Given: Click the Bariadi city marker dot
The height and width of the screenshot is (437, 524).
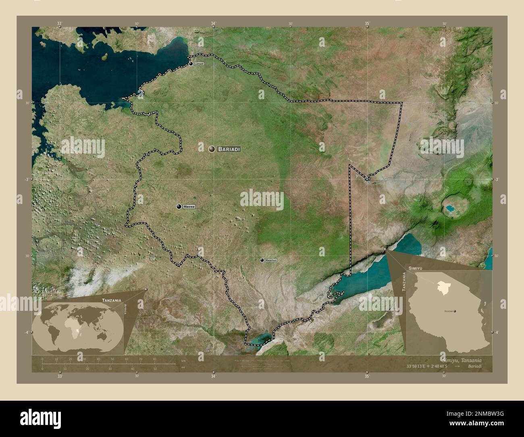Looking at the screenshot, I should pyautogui.click(x=212, y=149).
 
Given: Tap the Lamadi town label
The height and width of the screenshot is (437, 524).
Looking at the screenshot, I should pyautogui.click(x=199, y=64).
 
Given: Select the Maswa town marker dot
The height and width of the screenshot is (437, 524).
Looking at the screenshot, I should pyautogui.click(x=179, y=207).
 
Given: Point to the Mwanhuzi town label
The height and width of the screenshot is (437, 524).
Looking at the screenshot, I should pyautogui.click(x=271, y=260).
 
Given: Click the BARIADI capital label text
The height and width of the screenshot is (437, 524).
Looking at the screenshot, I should pyautogui.click(x=229, y=149).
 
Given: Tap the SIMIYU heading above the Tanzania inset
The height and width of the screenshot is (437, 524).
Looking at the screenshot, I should pyautogui.click(x=415, y=268).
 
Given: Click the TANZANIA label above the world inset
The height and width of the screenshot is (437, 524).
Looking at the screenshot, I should pyautogui.click(x=112, y=300).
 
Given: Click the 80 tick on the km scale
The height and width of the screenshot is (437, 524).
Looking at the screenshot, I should pyautogui.click(x=154, y=359).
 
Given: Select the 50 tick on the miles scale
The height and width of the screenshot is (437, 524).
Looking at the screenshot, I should pyautogui.click(x=154, y=368).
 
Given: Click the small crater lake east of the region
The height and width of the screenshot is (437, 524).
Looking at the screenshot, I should pyautogui.click(x=449, y=209).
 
